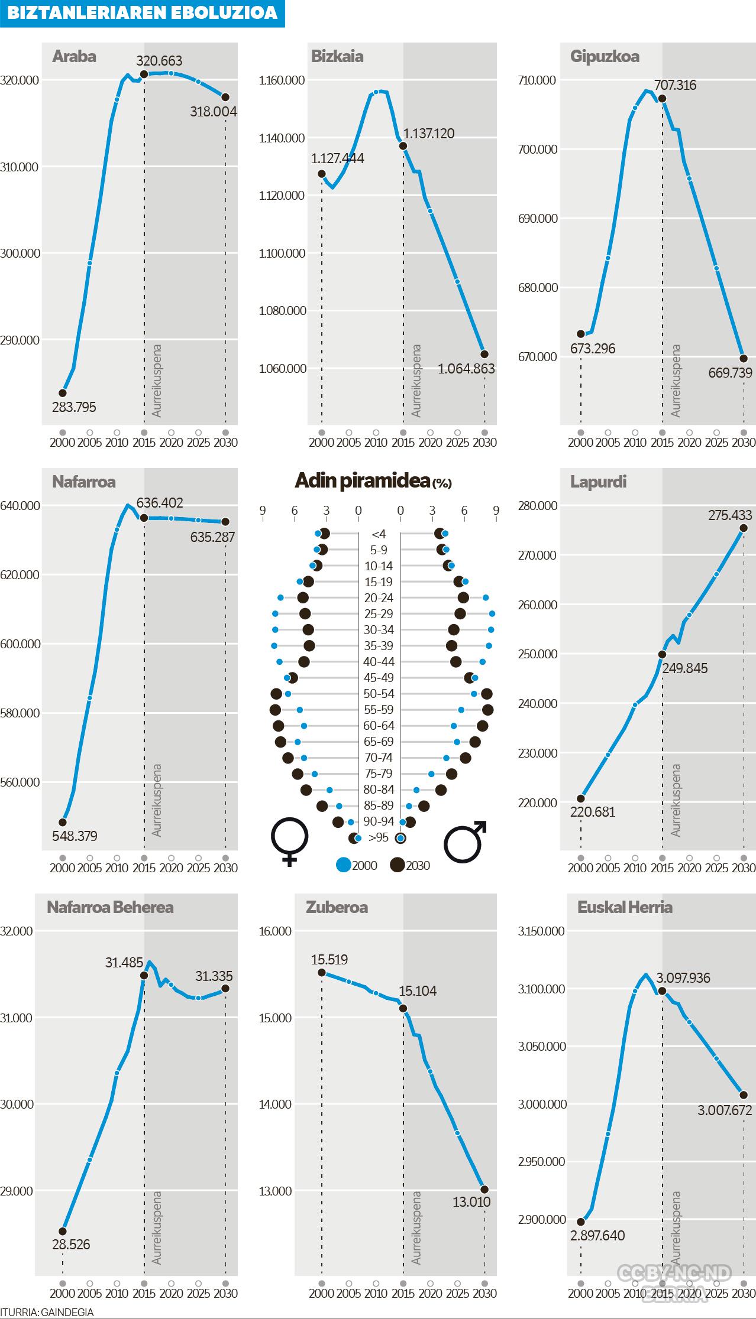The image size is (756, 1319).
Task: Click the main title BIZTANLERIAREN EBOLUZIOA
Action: point(142,13)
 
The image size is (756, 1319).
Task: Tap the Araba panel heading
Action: point(74,57)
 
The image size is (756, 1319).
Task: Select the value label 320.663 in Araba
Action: point(159,61)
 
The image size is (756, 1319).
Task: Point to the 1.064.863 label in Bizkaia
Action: point(466,369)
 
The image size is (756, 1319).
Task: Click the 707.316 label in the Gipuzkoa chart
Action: point(675,85)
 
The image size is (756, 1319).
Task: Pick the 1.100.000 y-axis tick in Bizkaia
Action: point(282,254)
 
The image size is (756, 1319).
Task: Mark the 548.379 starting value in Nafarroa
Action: point(75,836)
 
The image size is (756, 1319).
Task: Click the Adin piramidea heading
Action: point(373,482)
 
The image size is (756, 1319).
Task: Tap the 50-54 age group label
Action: point(379,694)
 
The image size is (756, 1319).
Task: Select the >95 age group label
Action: point(379,837)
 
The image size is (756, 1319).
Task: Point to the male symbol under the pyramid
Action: point(466,841)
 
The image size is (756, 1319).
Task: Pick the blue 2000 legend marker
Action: point(344,865)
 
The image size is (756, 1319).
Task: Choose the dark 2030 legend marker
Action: point(398,865)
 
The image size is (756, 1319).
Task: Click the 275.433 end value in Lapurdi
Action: point(731,515)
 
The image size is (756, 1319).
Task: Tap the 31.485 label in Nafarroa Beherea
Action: point(124,963)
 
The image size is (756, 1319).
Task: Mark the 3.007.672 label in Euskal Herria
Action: point(725,1110)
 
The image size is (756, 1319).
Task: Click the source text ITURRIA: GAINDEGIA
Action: point(47,1312)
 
